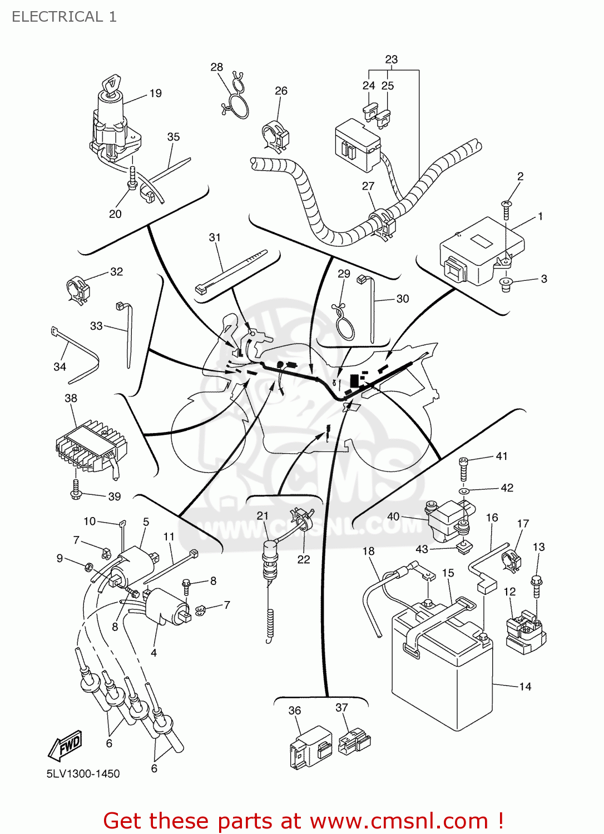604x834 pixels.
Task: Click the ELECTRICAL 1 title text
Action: pyautogui.click(x=64, y=17)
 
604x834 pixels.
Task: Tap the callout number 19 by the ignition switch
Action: pyautogui.click(x=156, y=93)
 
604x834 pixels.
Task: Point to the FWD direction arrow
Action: pyautogui.click(x=66, y=745)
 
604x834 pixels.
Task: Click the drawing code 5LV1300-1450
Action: pyautogui.click(x=83, y=773)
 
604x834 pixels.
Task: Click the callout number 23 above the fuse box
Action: pyautogui.click(x=391, y=59)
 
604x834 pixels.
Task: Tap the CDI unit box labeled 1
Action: pyautogui.click(x=481, y=250)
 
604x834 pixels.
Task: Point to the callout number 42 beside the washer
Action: pyautogui.click(x=507, y=488)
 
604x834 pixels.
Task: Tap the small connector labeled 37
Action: pyautogui.click(x=354, y=742)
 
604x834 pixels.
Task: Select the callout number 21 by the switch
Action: pyautogui.click(x=263, y=515)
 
